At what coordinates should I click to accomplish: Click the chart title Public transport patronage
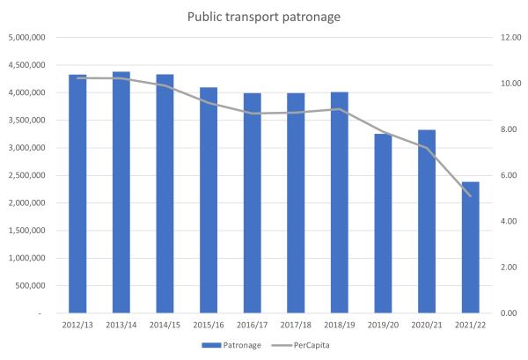click(263, 16)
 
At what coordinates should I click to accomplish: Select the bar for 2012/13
click(77, 194)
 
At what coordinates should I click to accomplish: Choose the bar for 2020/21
click(427, 221)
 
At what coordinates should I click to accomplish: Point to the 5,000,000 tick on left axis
click(31, 38)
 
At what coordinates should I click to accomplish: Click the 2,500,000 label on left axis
click(31, 175)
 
